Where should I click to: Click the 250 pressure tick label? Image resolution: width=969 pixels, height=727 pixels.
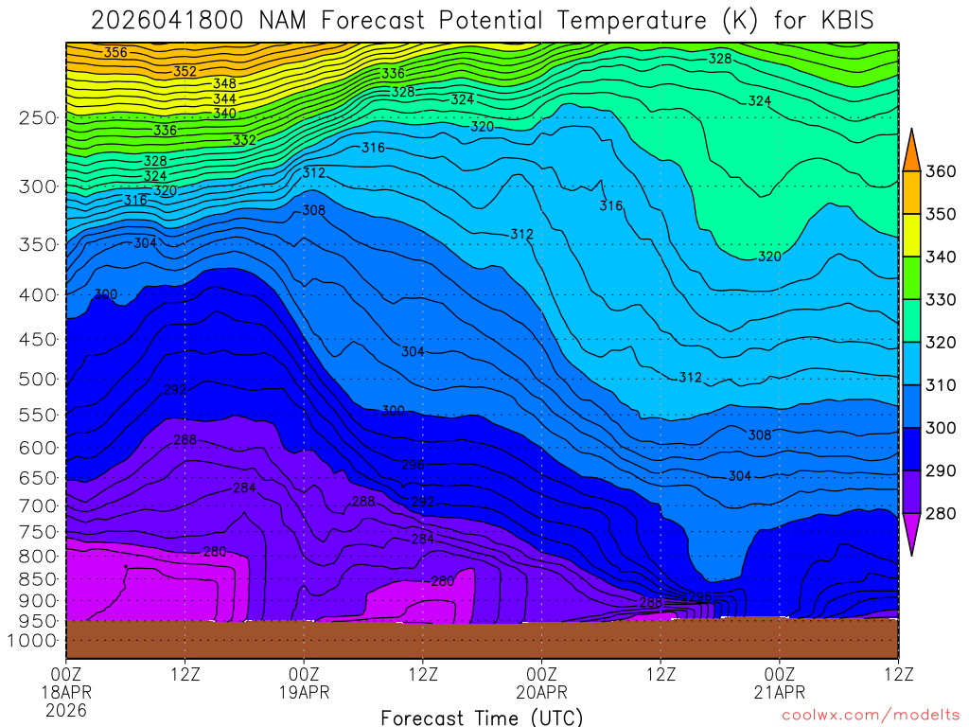pos(38,117)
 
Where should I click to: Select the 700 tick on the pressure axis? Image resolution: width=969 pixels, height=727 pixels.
pos(38,505)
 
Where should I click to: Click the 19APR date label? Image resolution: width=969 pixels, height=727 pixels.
pos(304,691)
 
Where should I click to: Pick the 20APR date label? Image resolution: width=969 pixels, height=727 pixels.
pos(541,691)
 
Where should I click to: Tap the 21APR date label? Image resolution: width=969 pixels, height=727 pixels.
pos(779,691)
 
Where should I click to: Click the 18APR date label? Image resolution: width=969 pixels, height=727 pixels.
pos(66,691)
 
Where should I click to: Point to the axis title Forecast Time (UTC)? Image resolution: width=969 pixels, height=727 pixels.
pos(482,718)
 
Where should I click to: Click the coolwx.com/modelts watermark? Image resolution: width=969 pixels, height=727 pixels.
pos(871,718)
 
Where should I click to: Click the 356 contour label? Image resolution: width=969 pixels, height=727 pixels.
pos(115,53)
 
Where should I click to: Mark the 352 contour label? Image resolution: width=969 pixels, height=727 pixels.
pos(185,71)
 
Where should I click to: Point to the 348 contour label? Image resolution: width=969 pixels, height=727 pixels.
pos(224,83)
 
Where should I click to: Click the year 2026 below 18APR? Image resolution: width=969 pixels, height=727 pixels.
pos(66,709)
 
